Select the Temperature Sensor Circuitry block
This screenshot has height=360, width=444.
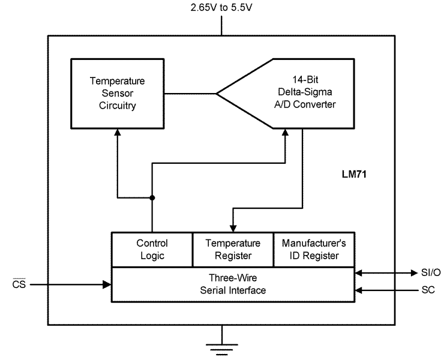point(117,93)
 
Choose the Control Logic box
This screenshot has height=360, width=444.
point(152,250)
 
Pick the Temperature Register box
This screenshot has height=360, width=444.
point(233,250)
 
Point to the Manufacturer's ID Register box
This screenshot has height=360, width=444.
point(313,250)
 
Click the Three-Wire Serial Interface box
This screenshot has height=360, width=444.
point(233,284)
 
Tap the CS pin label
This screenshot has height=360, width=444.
point(19,284)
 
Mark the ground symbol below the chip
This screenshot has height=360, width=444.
point(223,347)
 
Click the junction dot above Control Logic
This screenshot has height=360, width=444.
point(152,197)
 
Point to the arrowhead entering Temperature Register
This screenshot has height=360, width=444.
point(233,228)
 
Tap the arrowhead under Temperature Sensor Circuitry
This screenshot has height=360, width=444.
point(117,133)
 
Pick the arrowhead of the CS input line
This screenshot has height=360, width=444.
point(107,284)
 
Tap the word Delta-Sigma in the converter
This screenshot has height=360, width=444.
point(307,93)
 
